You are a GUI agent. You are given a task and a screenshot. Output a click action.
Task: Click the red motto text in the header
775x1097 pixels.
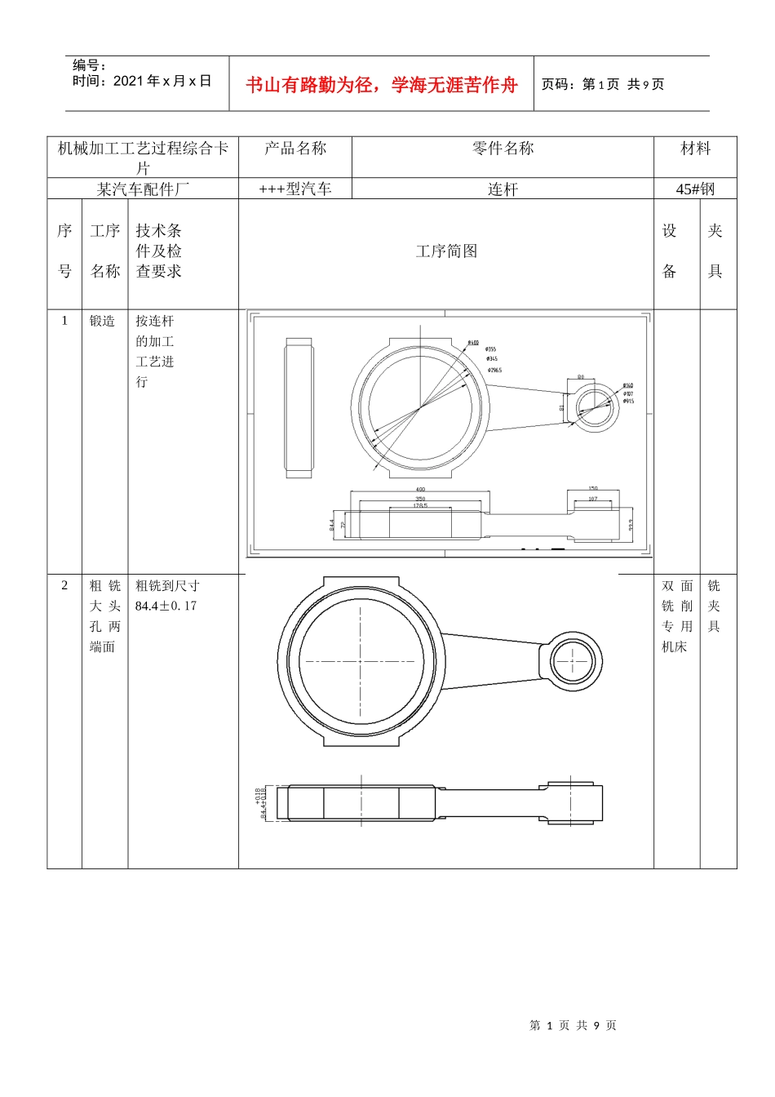(381, 85)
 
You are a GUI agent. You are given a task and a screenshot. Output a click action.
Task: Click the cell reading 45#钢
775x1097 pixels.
(695, 189)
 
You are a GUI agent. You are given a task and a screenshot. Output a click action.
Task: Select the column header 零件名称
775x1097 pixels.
(503, 149)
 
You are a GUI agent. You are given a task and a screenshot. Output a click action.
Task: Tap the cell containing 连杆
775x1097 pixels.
(503, 189)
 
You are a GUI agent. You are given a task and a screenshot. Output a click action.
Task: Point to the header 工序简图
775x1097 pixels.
(446, 251)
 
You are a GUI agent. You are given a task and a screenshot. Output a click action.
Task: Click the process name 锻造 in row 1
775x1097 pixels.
(103, 321)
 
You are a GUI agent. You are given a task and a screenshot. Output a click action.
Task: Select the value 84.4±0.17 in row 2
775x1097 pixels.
(166, 606)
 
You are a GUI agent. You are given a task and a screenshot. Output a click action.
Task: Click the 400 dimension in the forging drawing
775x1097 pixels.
(420, 490)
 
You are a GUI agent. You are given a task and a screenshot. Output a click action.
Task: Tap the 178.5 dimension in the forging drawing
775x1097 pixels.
(420, 506)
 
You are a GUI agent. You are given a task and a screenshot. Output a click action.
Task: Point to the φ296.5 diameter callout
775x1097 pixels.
(495, 370)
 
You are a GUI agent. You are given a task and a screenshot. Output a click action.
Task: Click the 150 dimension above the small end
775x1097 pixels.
(593, 489)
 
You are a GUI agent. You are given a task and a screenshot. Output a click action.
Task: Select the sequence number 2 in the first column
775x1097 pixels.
(64, 585)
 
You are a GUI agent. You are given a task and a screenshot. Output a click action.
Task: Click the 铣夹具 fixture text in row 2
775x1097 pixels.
(714, 606)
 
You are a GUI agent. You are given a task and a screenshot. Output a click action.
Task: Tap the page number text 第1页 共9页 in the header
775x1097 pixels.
(603, 84)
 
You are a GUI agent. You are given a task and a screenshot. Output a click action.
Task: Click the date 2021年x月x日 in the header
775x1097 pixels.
(142, 81)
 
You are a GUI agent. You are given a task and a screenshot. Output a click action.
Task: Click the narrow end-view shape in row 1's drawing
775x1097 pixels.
(299, 408)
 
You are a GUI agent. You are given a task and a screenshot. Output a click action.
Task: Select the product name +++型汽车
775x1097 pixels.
(295, 189)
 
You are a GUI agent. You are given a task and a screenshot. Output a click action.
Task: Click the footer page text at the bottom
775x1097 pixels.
(573, 1025)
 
